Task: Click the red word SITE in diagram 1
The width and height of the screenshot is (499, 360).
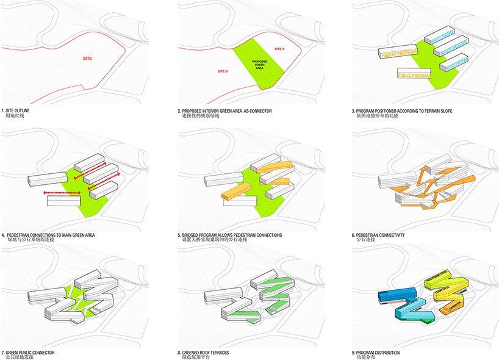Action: [88, 59]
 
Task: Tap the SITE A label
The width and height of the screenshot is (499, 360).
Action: [279, 48]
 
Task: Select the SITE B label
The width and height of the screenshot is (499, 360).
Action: [222, 71]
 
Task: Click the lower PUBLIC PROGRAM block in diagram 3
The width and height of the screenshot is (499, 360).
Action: [414, 75]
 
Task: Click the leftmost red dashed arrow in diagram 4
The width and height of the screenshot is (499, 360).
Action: [60, 193]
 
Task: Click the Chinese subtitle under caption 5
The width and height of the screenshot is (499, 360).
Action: [214, 240]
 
